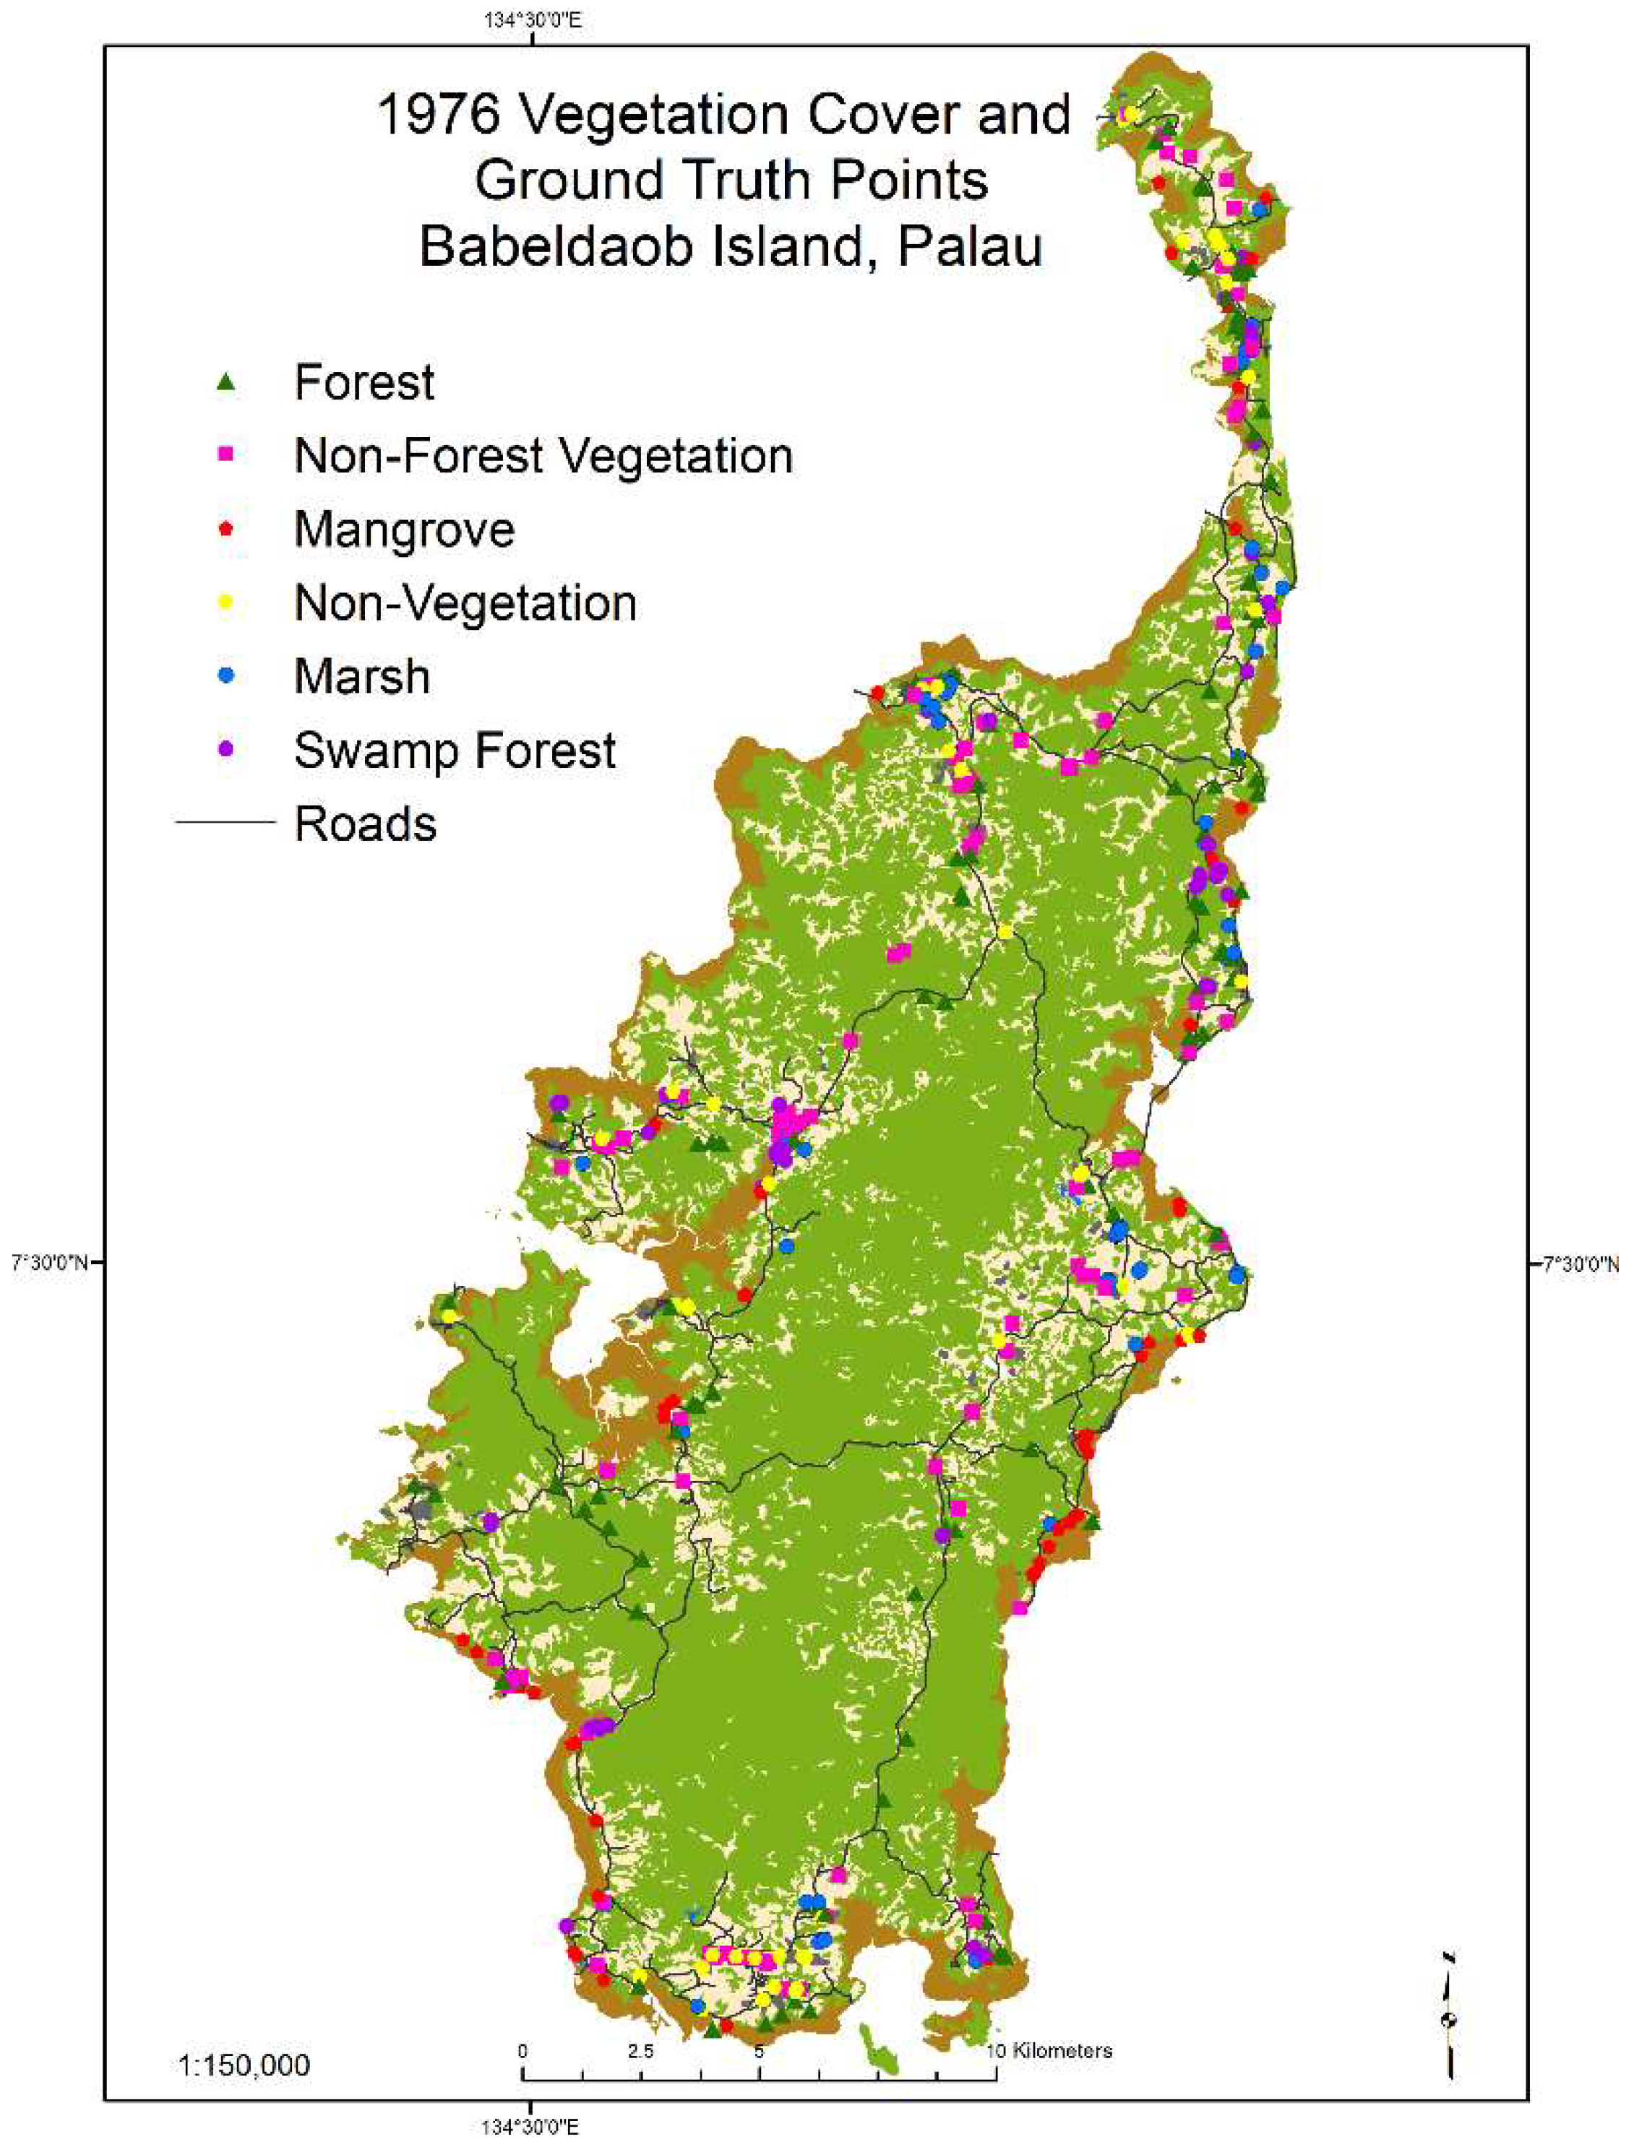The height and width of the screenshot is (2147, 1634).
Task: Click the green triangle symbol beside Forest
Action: [225, 382]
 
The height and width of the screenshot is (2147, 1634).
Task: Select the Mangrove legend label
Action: [404, 530]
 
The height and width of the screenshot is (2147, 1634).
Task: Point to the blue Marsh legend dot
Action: [225, 675]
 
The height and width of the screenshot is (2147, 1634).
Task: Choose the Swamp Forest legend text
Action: [455, 750]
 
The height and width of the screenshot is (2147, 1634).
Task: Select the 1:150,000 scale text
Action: [244, 2065]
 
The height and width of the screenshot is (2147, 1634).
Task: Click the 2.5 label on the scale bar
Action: [640, 2051]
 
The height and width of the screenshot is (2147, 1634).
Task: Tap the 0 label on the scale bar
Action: [523, 2051]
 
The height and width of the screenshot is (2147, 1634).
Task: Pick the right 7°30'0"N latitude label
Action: [1581, 1264]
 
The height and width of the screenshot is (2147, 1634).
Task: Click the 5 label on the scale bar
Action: [759, 2051]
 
